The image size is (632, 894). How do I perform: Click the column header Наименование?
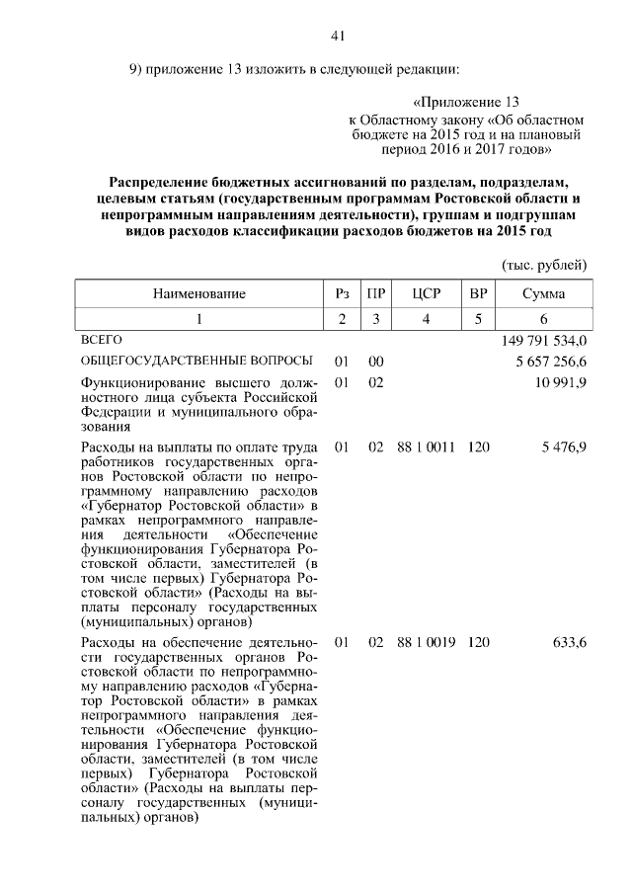tap(198, 294)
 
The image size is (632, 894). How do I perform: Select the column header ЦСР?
tap(426, 294)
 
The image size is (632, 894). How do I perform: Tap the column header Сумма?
tap(543, 294)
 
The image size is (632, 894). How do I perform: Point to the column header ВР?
tap(479, 294)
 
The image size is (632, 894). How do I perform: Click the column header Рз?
tap(343, 294)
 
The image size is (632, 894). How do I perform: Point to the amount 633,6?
tap(571, 642)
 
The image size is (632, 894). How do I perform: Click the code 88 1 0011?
tap(426, 447)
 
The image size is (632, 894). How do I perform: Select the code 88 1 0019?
tap(426, 642)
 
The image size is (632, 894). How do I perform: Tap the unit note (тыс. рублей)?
tap(545, 265)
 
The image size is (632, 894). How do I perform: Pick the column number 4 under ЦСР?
tap(426, 319)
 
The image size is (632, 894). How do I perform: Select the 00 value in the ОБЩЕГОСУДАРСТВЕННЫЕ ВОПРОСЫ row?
tap(375, 362)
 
